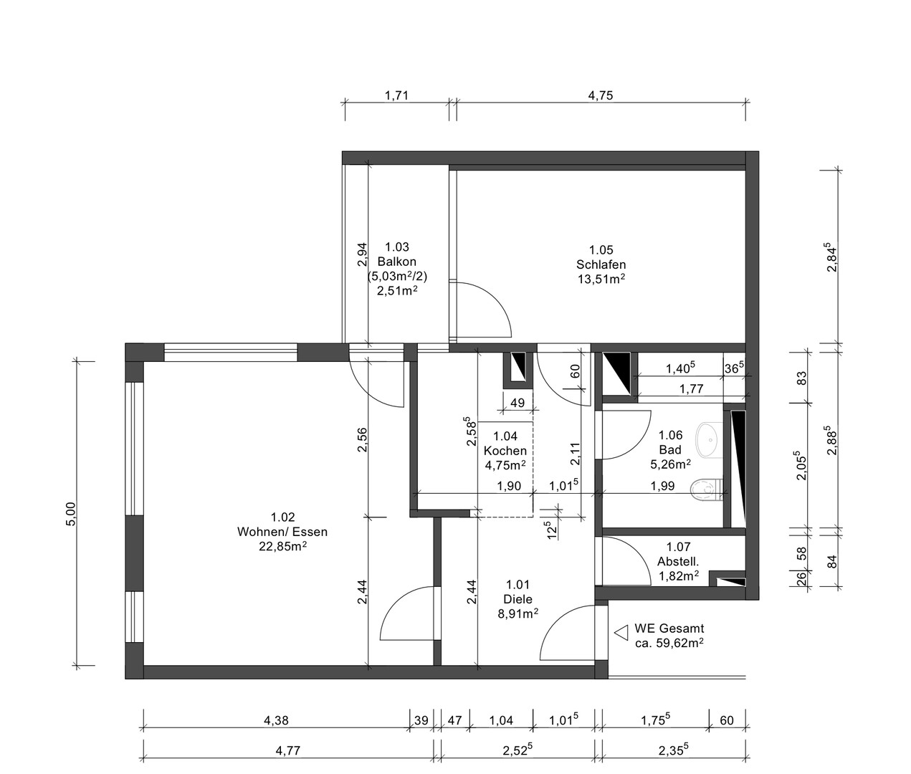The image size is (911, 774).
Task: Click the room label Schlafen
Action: (601, 264)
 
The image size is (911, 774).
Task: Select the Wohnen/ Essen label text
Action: (282, 532)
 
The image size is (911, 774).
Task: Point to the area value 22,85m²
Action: (282, 546)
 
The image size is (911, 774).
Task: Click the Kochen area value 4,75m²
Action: (505, 464)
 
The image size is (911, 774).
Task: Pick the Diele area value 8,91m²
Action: (517, 613)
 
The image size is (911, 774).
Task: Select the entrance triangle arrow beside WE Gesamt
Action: (621, 633)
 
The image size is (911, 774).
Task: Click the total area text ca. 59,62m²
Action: (668, 644)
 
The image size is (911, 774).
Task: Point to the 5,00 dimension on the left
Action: (70, 513)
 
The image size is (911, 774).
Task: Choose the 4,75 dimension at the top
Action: (600, 95)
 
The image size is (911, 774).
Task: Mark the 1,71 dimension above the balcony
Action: (396, 95)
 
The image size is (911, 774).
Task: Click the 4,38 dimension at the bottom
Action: (277, 721)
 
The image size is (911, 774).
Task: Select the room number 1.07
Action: (678, 548)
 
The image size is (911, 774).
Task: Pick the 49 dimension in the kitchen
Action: (516, 403)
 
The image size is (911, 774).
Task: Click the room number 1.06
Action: (669, 435)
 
